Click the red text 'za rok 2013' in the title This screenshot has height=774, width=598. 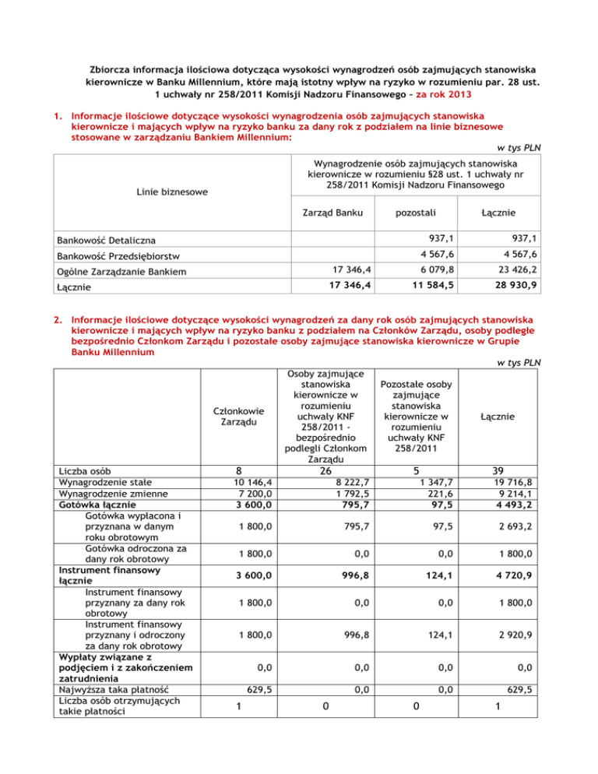click(x=445, y=94)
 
